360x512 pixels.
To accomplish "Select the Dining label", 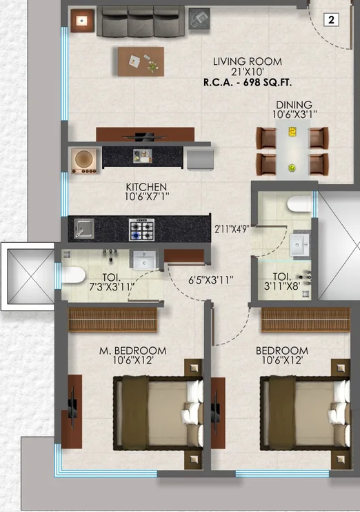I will click(x=294, y=105).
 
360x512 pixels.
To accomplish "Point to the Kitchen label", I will click(x=146, y=187).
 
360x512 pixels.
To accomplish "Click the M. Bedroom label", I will click(x=132, y=351).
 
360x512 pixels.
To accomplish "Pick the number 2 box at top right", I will click(x=331, y=20).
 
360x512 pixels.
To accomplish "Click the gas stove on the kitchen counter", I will click(x=141, y=228).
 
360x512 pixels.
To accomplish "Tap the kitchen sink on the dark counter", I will click(x=83, y=228).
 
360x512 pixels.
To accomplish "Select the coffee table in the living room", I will click(x=141, y=61).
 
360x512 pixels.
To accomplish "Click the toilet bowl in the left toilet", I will click(x=72, y=275).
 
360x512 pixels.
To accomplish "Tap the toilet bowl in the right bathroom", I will click(x=299, y=204).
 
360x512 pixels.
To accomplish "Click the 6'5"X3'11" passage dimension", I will click(x=212, y=280).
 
